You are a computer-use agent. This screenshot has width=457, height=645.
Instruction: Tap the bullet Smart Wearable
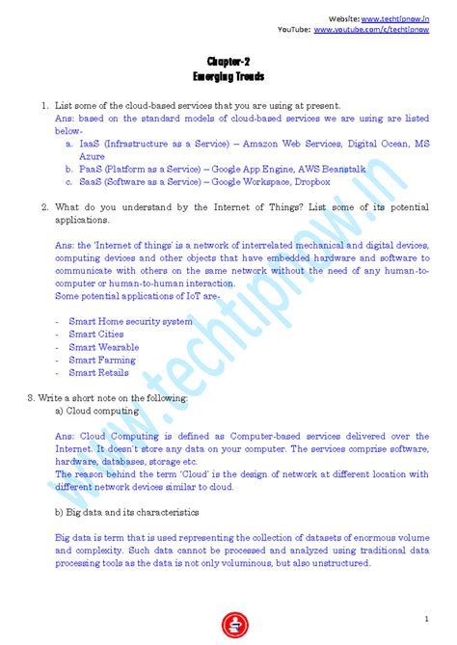coord(104,347)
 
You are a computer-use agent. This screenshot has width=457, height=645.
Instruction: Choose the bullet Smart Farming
coord(102,360)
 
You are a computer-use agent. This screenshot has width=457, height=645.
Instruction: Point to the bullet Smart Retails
coord(98,372)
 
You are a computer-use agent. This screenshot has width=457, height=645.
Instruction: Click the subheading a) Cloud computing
coord(96,410)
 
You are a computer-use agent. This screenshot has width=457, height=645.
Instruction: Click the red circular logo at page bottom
coord(229,623)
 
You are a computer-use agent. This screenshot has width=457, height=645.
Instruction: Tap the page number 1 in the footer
coord(425,617)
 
